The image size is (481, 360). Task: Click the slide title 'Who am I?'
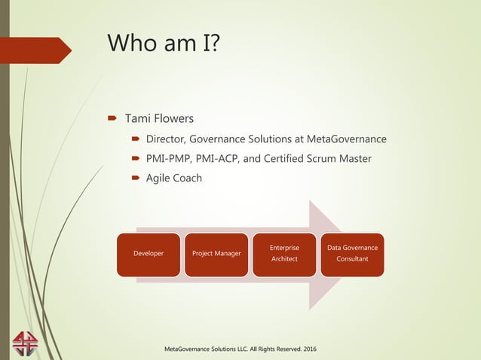click(164, 43)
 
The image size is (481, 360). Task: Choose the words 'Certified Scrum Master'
click(324, 158)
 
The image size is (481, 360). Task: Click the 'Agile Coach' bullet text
click(173, 178)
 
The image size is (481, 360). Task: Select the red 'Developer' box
click(148, 254)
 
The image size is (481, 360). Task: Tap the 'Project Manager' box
click(216, 254)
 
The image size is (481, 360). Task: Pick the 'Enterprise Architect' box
click(284, 254)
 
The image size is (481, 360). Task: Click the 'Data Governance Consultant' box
click(352, 254)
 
